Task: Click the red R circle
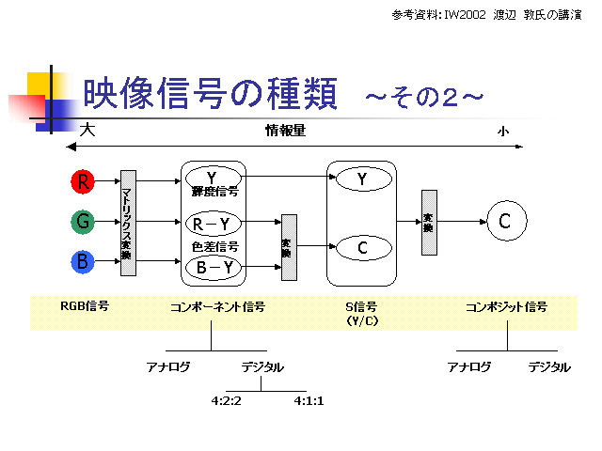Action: pyautogui.click(x=84, y=179)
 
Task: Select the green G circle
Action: pyautogui.click(x=84, y=222)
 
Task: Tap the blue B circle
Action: pyautogui.click(x=84, y=262)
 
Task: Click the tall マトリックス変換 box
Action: pyautogui.click(x=128, y=224)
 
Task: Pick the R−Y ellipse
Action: pyautogui.click(x=213, y=224)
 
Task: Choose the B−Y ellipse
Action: pyautogui.click(x=213, y=268)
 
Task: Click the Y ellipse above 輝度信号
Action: pyautogui.click(x=213, y=178)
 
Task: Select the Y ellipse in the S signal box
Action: pyautogui.click(x=362, y=179)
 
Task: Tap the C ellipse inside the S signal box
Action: pyautogui.click(x=362, y=247)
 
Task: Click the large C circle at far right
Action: pyautogui.click(x=504, y=222)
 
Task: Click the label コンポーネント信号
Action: pyautogui.click(x=217, y=306)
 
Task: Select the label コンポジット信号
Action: pyautogui.click(x=506, y=306)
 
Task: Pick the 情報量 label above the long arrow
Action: pyautogui.click(x=285, y=132)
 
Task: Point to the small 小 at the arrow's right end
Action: pyautogui.click(x=503, y=132)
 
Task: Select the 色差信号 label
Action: pyautogui.click(x=214, y=246)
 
